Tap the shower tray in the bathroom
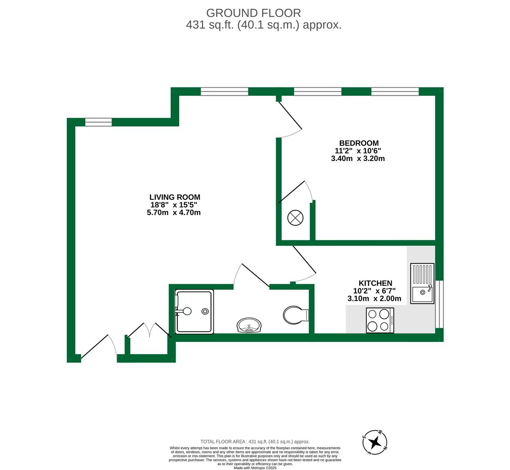point(194,312)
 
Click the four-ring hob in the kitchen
point(380,320)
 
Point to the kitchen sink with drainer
point(422,283)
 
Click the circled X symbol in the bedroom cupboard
point(295,218)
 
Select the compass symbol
point(374,443)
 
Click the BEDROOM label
point(359,143)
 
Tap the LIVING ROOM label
point(175,197)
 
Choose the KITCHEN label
point(375,283)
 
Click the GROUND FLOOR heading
point(253,13)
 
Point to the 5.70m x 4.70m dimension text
point(174,213)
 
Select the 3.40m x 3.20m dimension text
point(358,159)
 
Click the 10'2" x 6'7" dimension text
point(374,291)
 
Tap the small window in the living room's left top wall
point(98,122)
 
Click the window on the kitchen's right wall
point(440,304)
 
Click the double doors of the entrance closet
point(149,330)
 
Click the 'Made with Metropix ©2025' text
point(255,468)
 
